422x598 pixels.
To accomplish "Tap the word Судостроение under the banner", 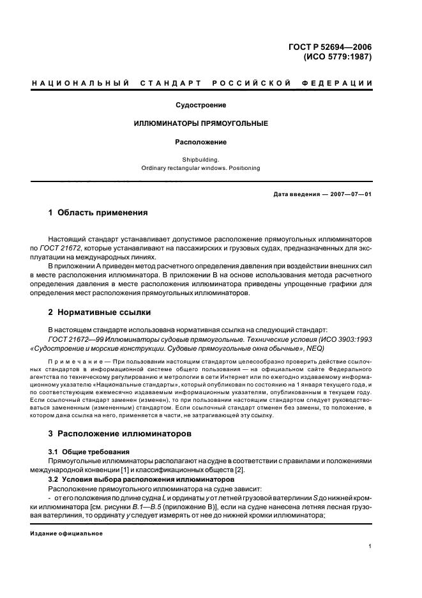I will coord(202,105).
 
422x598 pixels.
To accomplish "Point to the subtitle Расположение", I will coord(202,142).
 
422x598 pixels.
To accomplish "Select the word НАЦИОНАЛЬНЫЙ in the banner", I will coord(80,84).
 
